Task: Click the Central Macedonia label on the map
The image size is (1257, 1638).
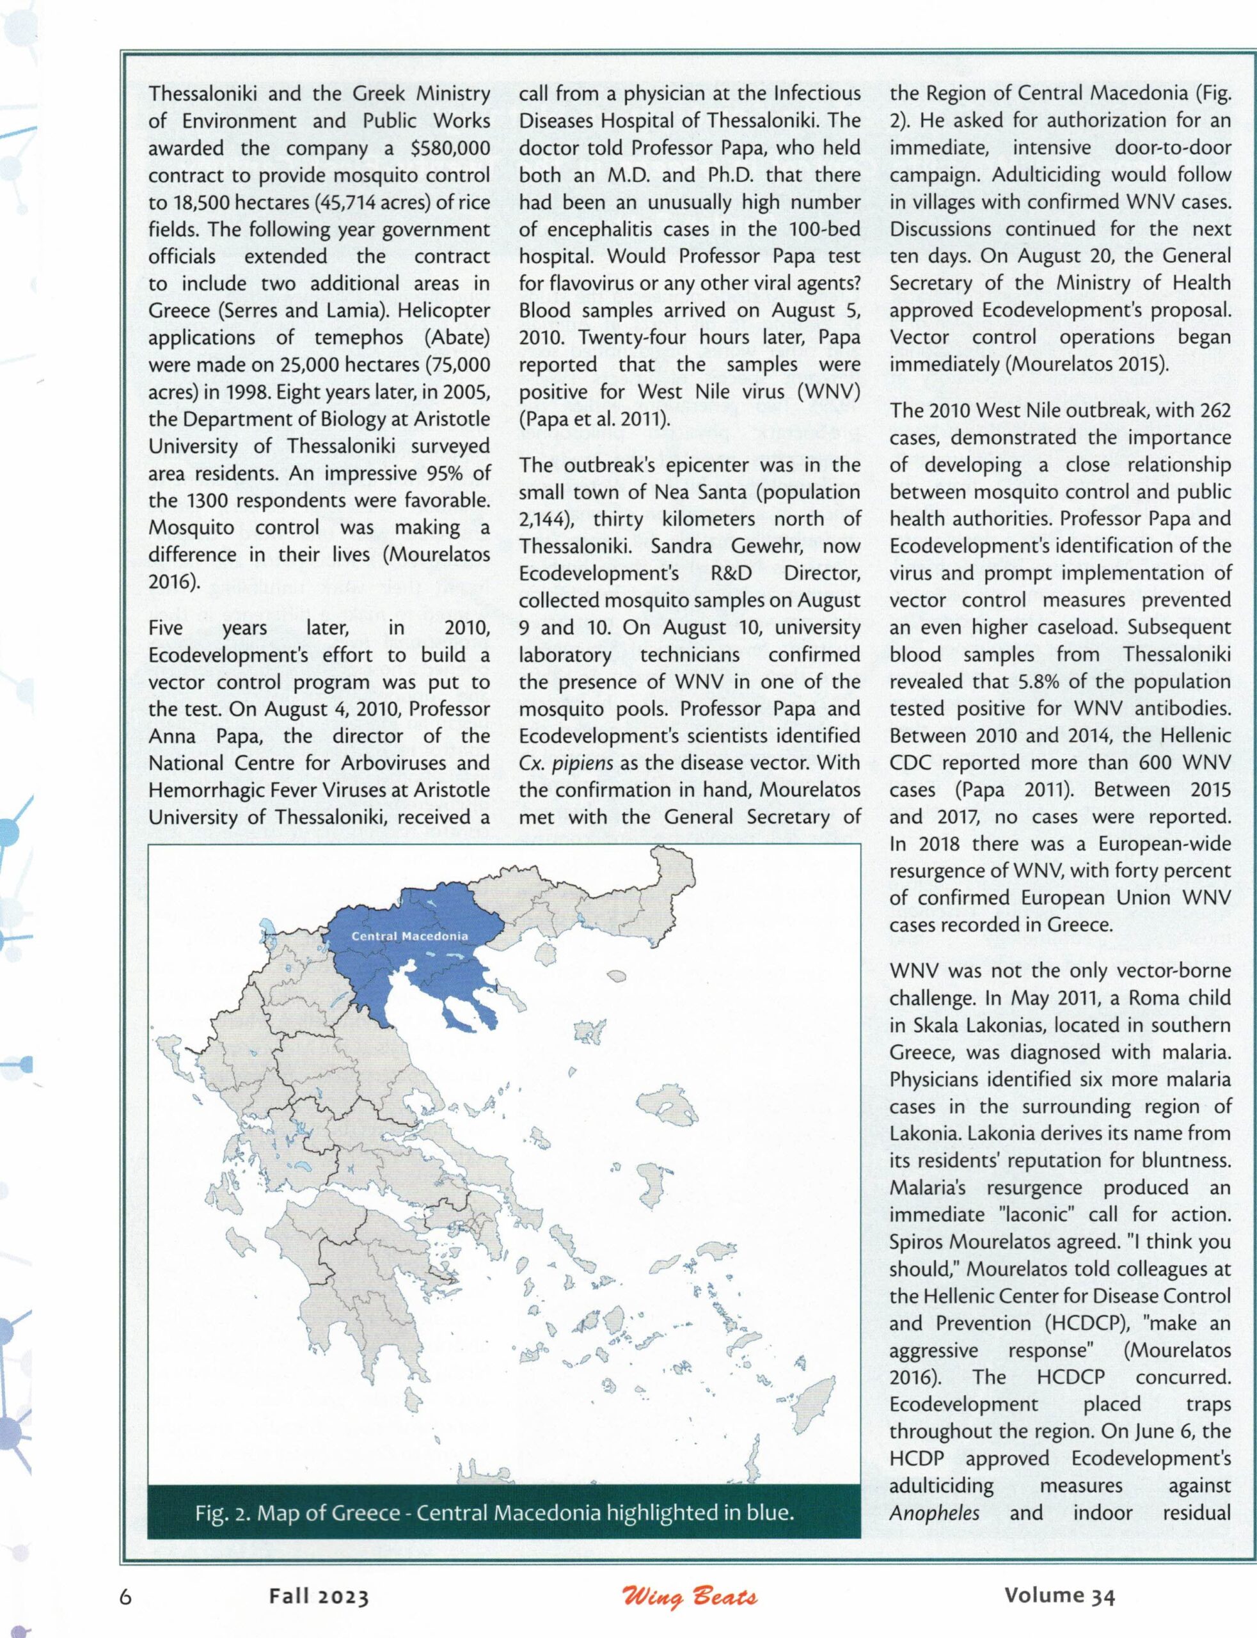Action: pos(409,935)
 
